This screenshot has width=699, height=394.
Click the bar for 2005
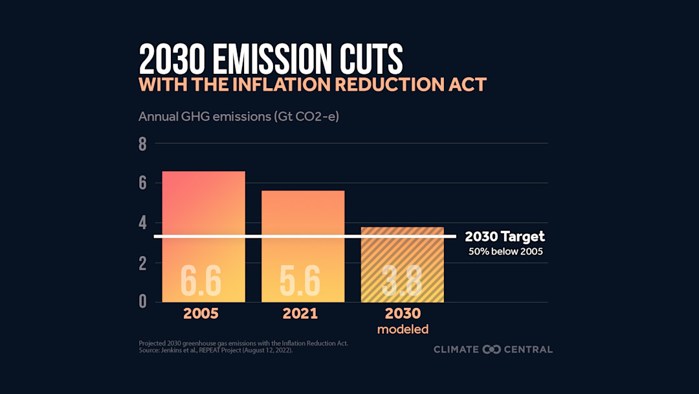point(203,207)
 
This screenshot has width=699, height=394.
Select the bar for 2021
point(303,214)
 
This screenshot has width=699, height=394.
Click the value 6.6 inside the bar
point(201,281)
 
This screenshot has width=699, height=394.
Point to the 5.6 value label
point(300,281)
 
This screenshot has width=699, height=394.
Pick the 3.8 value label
point(402,281)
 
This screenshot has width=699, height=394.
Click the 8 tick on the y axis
point(142,145)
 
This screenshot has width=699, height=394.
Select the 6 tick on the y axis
point(142,184)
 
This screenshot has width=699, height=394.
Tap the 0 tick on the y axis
point(142,302)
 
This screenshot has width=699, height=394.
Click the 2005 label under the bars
point(201,314)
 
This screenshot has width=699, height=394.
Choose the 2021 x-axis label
point(300,314)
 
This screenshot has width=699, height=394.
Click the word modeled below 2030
point(403,329)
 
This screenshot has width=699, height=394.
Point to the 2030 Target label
point(505,237)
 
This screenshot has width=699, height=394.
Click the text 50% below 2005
point(505,251)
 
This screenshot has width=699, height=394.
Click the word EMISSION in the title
point(267,60)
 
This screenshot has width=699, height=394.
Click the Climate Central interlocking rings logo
point(492,349)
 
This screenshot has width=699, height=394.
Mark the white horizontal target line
point(304,237)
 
